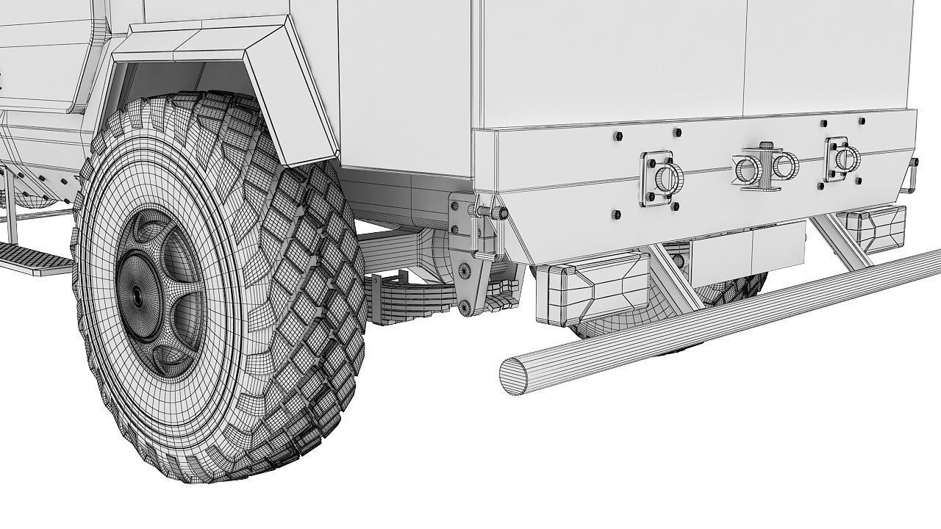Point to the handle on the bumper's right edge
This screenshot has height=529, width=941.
(x=914, y=174)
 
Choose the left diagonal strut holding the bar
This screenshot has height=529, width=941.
(x=673, y=276)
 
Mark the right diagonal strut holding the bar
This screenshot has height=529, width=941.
(x=838, y=239)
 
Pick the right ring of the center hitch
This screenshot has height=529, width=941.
(x=785, y=168)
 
